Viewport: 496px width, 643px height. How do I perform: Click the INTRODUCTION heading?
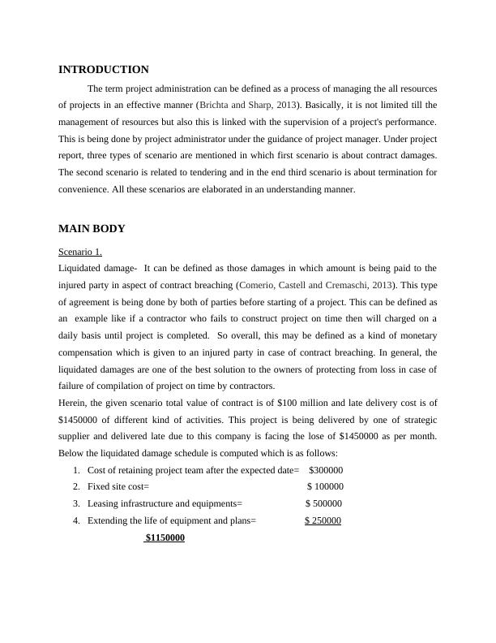tap(104, 70)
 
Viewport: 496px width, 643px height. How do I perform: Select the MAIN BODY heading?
tap(92, 229)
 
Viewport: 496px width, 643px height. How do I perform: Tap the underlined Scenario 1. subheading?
tap(80, 252)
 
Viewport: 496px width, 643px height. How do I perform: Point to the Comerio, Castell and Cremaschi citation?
tap(317, 285)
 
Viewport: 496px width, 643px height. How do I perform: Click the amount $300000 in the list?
tap(326, 470)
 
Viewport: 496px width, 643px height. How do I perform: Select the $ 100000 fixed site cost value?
tap(325, 487)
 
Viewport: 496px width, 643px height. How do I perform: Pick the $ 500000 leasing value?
tap(323, 504)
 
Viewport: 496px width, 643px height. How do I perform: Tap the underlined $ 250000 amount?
tap(323, 521)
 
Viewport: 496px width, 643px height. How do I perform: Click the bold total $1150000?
tap(165, 538)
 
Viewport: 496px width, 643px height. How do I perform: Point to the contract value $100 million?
tap(302, 403)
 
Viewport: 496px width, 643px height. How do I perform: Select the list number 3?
tap(75, 504)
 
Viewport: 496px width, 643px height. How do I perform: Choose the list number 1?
tap(75, 470)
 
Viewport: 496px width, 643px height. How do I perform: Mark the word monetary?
tap(413, 335)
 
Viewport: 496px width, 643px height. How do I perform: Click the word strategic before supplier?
tap(415, 420)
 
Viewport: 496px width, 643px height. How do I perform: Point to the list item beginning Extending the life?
tap(171, 521)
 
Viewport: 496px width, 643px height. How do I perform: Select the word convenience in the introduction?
tap(85, 189)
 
